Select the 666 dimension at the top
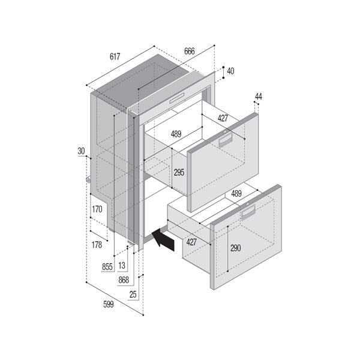189,52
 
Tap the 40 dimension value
231,71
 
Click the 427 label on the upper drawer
223,119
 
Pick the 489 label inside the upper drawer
176,134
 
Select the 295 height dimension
179,172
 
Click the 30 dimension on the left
81,151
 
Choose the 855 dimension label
107,266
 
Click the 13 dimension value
122,266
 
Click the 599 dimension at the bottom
108,305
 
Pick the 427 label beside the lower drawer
191,242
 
